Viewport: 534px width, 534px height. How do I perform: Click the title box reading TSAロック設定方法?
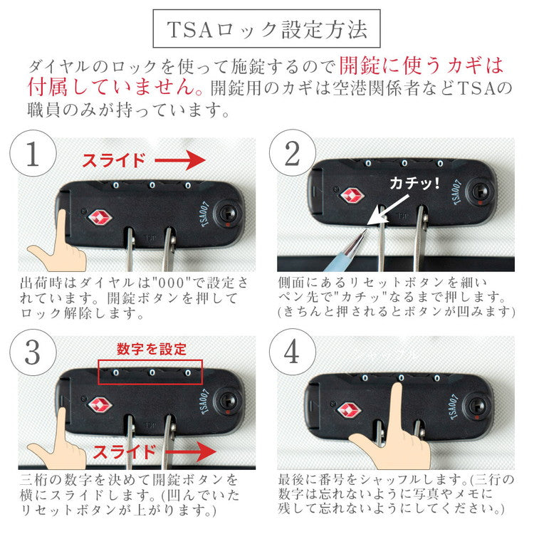[x=267, y=29]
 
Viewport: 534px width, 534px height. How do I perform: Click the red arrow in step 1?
[x=182, y=162]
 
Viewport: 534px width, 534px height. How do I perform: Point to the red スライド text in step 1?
[x=114, y=161]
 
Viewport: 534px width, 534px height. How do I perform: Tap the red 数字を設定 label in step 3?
[x=152, y=349]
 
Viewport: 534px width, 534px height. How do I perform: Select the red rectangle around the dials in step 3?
[x=150, y=372]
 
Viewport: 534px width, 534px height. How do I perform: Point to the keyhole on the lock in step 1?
[x=228, y=214]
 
